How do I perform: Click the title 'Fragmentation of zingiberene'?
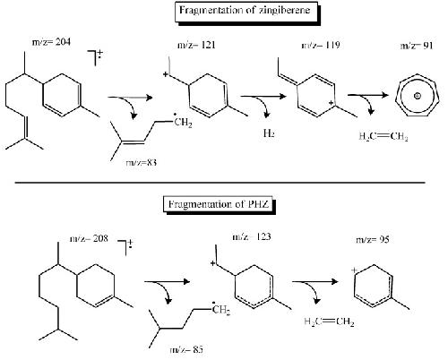click(x=245, y=11)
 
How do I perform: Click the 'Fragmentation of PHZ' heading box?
click(x=219, y=204)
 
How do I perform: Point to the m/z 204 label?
click(x=51, y=42)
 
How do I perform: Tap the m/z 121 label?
click(x=196, y=46)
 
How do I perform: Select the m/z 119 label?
click(x=321, y=45)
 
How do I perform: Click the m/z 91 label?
click(x=417, y=46)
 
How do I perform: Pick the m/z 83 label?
click(x=142, y=163)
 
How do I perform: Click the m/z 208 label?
click(x=89, y=238)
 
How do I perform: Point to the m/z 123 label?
click(x=252, y=236)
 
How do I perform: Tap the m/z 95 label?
click(x=373, y=239)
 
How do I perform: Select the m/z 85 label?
click(x=186, y=349)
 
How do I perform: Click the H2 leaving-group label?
click(x=269, y=133)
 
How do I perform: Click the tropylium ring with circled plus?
click(x=418, y=96)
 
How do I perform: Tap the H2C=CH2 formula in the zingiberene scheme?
click(x=383, y=136)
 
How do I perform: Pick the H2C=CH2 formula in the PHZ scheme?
click(x=329, y=321)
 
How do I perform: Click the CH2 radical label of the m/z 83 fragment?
click(x=183, y=122)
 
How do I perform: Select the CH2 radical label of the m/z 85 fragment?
click(x=221, y=309)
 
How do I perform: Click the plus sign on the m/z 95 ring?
click(x=354, y=270)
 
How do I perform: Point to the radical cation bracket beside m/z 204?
click(x=95, y=57)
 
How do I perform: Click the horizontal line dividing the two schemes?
click(x=220, y=182)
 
